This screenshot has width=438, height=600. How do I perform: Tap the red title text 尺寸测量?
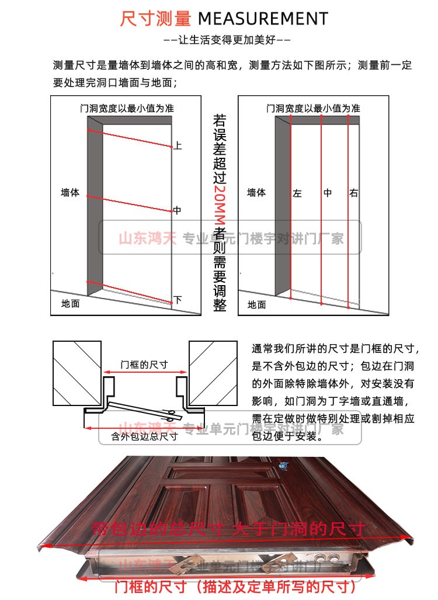[x=156, y=19]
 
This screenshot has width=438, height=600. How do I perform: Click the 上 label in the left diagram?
[x=178, y=145]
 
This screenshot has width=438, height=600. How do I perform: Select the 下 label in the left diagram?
[x=178, y=300]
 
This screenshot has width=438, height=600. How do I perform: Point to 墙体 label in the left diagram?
[x=70, y=192]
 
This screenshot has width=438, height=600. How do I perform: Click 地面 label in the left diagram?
[x=71, y=304]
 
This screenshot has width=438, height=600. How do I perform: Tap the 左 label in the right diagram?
[x=297, y=193]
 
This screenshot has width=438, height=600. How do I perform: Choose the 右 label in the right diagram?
[x=354, y=193]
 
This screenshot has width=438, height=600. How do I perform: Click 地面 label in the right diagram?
[x=256, y=304]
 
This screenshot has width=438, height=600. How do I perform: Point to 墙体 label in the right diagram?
[x=256, y=192]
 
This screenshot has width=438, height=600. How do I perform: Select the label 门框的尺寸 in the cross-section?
[x=144, y=365]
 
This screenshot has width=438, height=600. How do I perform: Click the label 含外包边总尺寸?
[x=144, y=436]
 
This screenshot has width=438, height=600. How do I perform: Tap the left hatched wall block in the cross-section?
[x=77, y=373]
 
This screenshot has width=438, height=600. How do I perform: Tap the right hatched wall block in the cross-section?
[x=213, y=373]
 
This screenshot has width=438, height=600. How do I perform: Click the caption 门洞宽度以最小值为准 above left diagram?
[x=127, y=108]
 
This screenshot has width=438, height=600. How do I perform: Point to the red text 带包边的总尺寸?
[x=158, y=529]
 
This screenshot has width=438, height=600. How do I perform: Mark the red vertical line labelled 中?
[x=322, y=210]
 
